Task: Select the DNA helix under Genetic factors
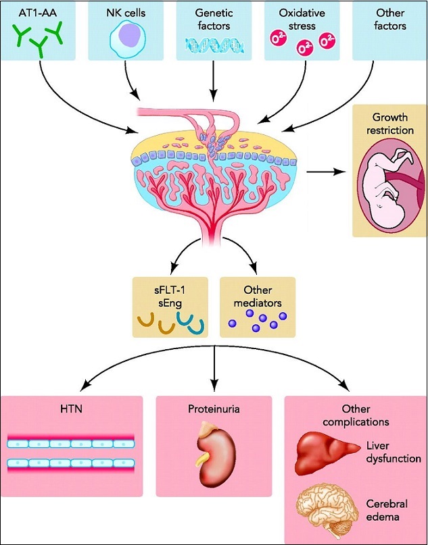(214, 45)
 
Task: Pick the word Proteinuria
(214, 409)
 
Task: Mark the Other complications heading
(356, 415)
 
